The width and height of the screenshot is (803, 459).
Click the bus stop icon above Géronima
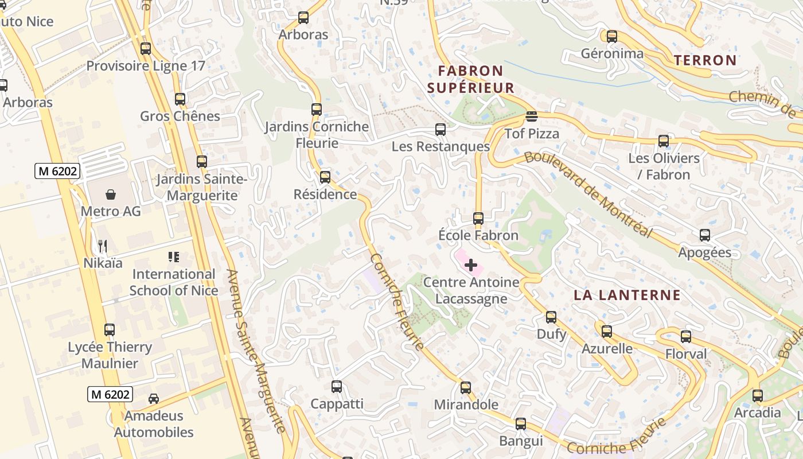click(x=612, y=37)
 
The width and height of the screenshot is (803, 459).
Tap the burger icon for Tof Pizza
click(x=531, y=117)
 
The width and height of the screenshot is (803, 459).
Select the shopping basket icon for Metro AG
click(x=111, y=195)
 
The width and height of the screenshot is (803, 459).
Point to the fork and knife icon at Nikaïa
click(x=103, y=246)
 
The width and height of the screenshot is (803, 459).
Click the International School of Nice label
click(x=173, y=282)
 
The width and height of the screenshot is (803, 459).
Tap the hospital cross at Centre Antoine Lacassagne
click(x=471, y=265)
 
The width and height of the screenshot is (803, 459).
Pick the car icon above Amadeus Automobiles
click(x=154, y=398)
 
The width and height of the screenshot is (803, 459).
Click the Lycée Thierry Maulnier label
click(x=110, y=355)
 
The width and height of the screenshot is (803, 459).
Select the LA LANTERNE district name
click(x=627, y=295)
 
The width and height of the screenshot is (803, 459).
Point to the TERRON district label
click(x=705, y=60)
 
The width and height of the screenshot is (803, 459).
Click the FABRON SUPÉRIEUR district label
click(x=470, y=79)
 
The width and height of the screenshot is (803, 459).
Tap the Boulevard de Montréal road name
click(x=588, y=194)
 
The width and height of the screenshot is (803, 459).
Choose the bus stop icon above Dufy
click(x=551, y=317)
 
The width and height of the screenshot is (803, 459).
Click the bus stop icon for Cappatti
click(x=337, y=387)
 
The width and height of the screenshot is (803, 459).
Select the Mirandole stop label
click(x=466, y=404)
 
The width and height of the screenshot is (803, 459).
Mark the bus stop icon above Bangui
click(x=521, y=424)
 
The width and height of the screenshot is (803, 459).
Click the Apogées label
click(x=704, y=252)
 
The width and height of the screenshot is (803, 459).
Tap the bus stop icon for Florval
click(x=686, y=337)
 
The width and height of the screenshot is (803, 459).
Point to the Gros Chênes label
click(x=180, y=116)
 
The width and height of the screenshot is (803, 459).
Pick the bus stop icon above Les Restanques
click(x=441, y=130)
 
